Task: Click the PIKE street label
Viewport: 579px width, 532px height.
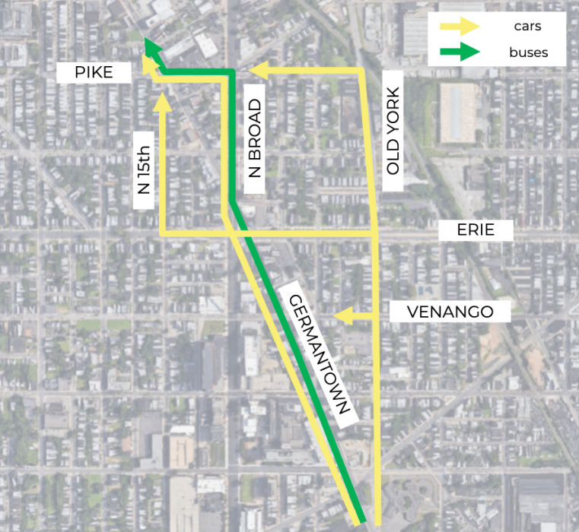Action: [x=94, y=73]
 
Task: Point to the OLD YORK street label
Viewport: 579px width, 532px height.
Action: [x=393, y=131]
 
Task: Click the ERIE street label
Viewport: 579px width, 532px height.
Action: [x=476, y=230]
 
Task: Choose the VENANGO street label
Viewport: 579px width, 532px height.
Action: [x=450, y=312]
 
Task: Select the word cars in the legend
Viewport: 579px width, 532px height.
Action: [x=527, y=27]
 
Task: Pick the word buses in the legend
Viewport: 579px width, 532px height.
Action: [x=528, y=53]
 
